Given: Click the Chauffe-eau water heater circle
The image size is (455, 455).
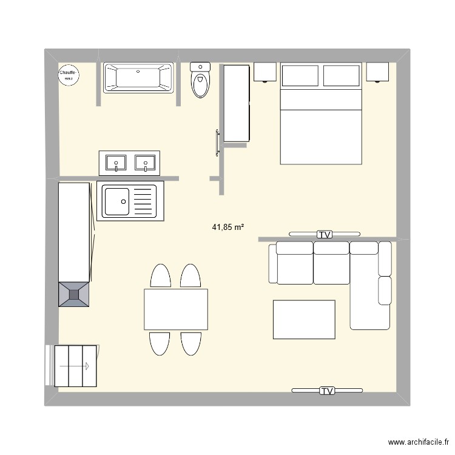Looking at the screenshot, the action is click(x=69, y=75).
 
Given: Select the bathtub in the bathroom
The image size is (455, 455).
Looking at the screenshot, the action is click(x=138, y=78).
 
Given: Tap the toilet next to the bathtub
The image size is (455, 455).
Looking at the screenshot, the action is click(x=200, y=80).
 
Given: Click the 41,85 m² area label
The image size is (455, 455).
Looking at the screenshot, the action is click(x=227, y=227).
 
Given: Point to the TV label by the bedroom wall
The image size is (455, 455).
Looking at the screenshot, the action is click(x=325, y=234).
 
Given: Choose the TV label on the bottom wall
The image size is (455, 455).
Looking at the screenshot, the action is click(x=327, y=391).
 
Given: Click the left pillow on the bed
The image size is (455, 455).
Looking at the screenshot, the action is click(x=300, y=75).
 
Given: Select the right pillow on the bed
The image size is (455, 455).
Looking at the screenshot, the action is click(x=341, y=75).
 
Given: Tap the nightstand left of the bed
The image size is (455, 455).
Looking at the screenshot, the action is click(x=265, y=72).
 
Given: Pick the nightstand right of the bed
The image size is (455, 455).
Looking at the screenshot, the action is click(x=377, y=72).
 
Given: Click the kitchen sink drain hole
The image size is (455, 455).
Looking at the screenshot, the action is click(x=123, y=201).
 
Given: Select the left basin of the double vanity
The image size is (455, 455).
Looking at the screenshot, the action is click(x=116, y=163).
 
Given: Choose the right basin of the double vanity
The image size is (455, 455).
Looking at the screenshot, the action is click(x=145, y=163).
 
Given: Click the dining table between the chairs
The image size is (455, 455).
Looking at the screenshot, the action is click(x=176, y=309).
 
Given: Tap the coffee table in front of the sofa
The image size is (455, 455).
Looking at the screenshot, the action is click(x=304, y=320).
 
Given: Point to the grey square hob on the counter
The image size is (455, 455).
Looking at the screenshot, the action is click(x=73, y=294).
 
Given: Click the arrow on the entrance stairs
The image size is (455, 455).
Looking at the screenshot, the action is click(x=74, y=366).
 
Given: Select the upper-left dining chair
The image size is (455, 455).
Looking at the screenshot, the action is click(x=161, y=276).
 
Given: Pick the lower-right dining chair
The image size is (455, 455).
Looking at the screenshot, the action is click(x=191, y=343).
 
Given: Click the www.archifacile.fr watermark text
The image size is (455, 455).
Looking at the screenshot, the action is click(x=419, y=442).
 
